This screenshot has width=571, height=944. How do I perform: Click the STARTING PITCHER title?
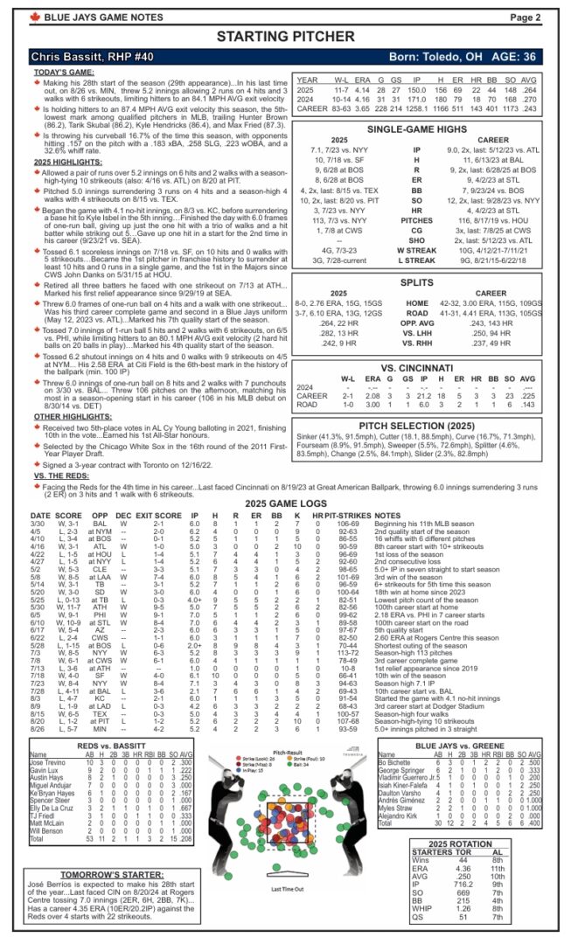[x=285, y=36]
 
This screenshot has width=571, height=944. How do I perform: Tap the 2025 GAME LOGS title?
[x=285, y=504]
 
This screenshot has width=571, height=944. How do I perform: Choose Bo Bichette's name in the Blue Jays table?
[x=399, y=762]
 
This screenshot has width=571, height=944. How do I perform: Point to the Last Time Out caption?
[x=286, y=889]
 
